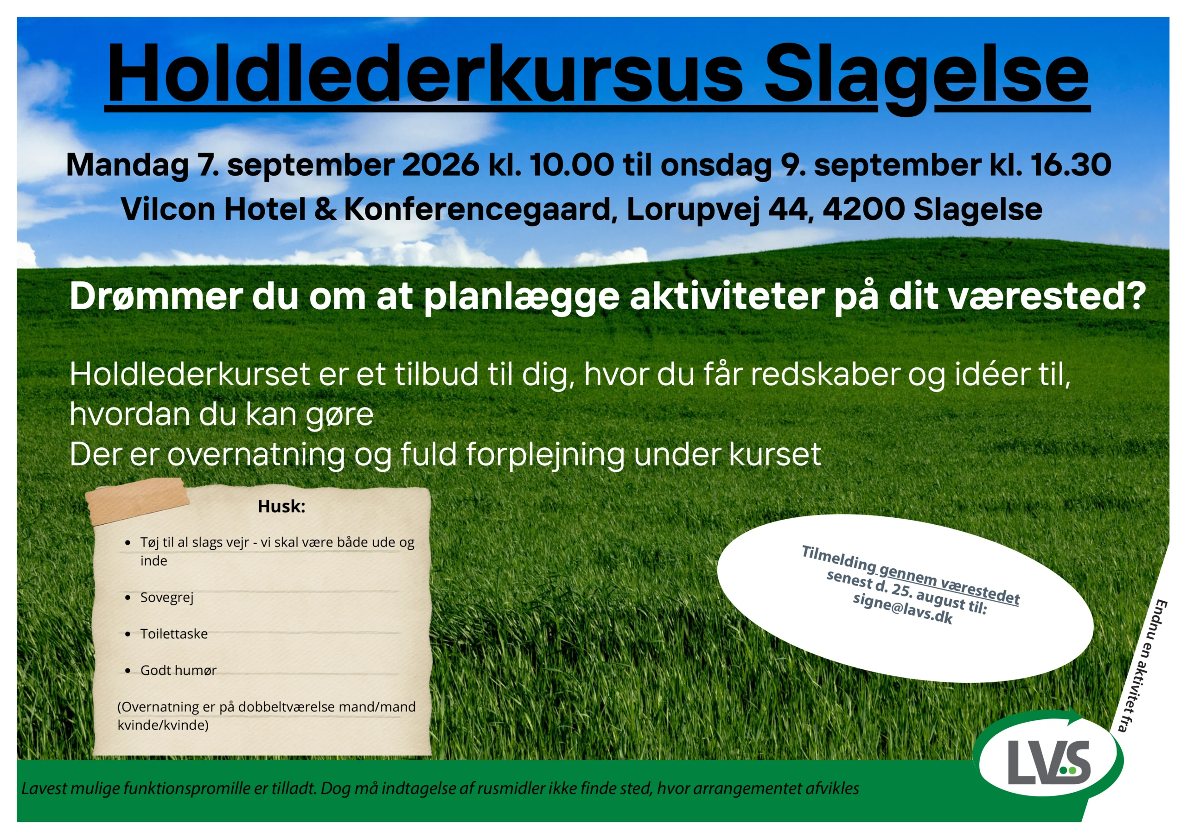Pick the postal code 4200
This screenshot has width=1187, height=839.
(x=863, y=209)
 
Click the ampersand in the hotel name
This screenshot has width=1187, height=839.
(x=325, y=209)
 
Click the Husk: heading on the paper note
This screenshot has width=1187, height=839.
(x=281, y=506)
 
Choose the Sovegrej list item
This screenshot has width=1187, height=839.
(x=166, y=597)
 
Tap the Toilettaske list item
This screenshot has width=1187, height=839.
(x=174, y=634)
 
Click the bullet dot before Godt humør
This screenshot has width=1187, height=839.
(x=128, y=670)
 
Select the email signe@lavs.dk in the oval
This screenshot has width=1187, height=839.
(x=903, y=609)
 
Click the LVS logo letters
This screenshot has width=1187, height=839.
(x=1049, y=763)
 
